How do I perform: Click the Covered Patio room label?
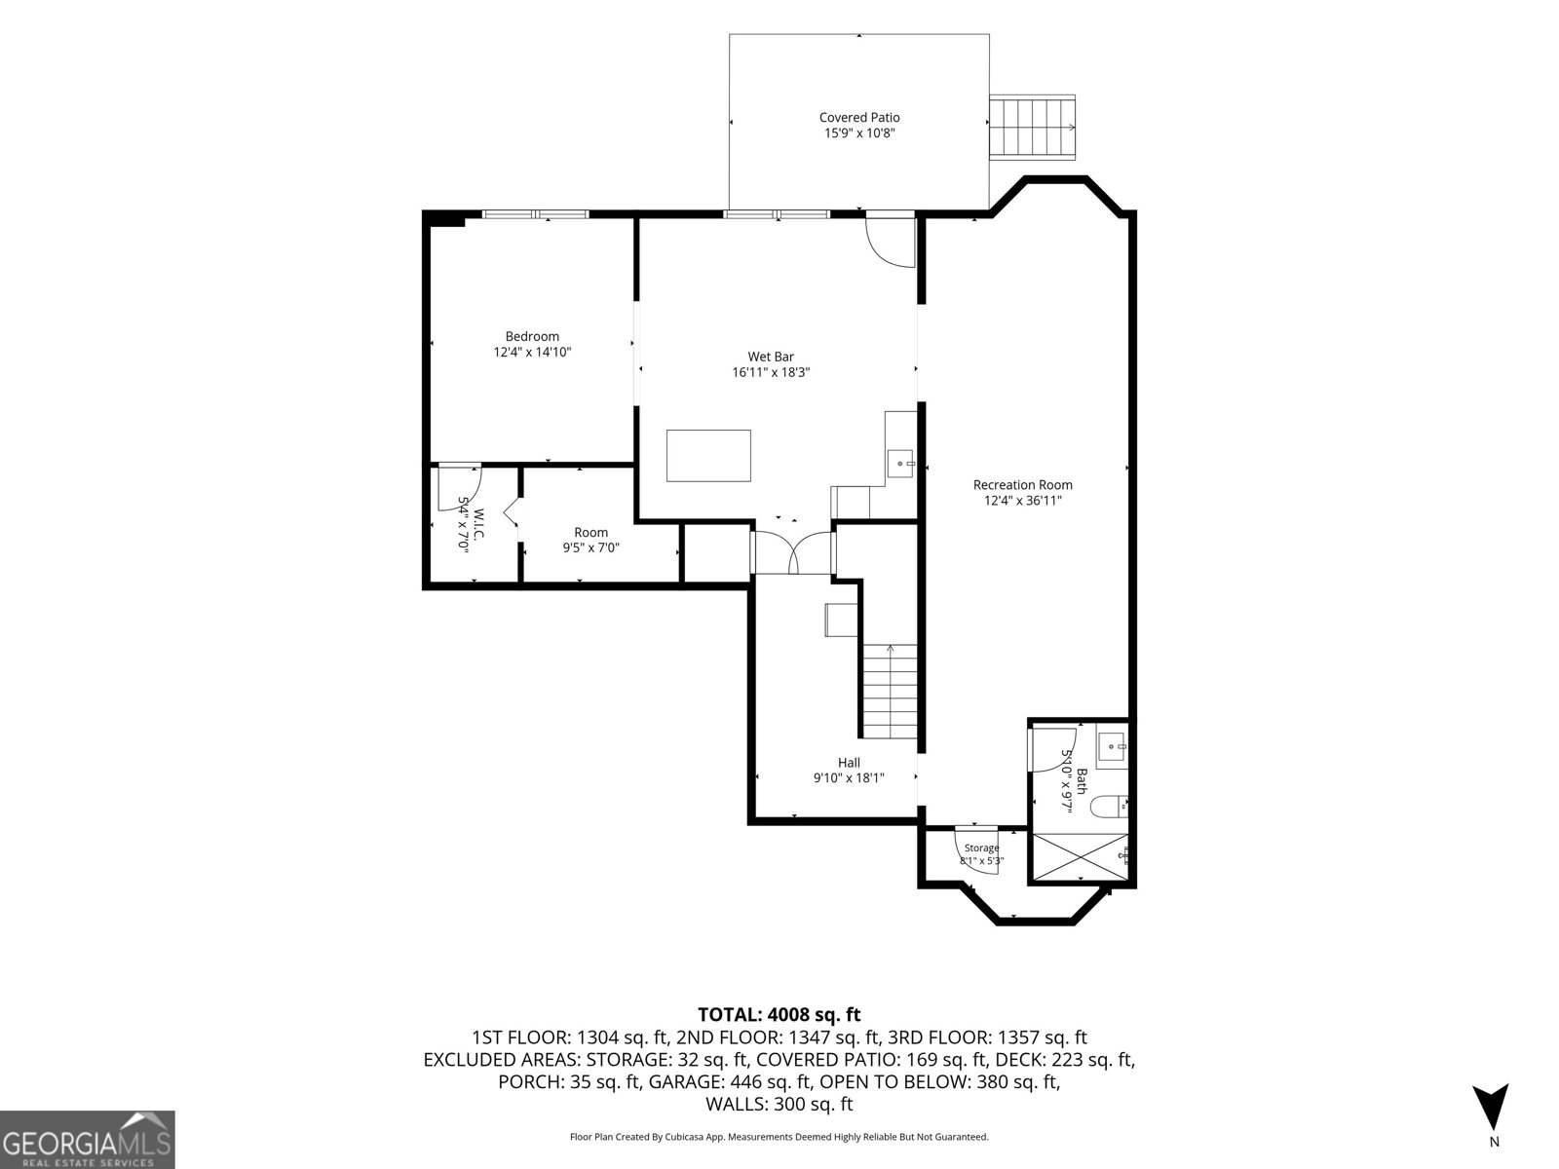click(x=858, y=118)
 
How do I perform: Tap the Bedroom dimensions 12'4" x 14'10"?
click(x=532, y=352)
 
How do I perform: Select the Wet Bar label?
click(x=771, y=357)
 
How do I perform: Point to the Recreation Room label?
click(x=1022, y=485)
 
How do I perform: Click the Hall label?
click(x=849, y=763)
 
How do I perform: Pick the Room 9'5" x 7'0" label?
click(x=590, y=540)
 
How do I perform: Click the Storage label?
click(x=981, y=848)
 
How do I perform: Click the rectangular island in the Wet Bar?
click(x=708, y=456)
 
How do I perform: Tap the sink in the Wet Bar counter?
click(x=900, y=464)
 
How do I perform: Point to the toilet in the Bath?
click(x=1108, y=805)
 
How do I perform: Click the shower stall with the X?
click(x=1079, y=859)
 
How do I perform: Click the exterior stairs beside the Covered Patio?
click(x=1032, y=127)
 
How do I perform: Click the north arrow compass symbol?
click(x=1490, y=1107)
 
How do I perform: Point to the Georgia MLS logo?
click(x=87, y=1139)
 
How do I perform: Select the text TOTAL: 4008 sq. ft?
click(x=779, y=1015)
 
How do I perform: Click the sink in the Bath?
click(x=1112, y=747)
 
